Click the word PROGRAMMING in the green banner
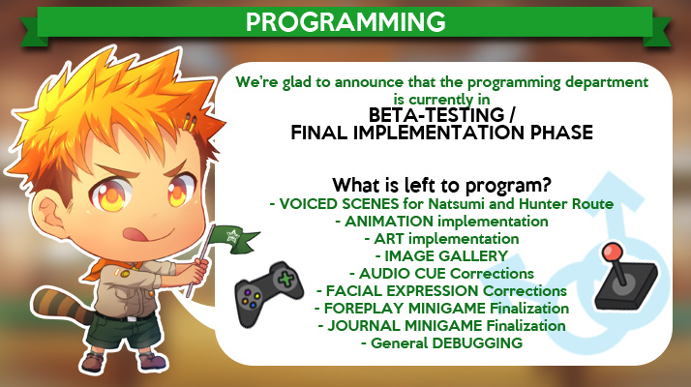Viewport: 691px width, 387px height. point(345,21)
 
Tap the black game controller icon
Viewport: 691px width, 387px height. point(269,293)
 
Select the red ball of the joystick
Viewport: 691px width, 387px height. point(612,253)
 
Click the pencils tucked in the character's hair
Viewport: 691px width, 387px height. point(190,123)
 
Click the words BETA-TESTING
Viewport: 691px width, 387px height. point(436,115)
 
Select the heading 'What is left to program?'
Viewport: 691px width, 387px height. point(441,185)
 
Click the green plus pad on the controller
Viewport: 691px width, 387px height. point(285,280)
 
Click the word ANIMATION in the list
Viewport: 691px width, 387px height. point(389,221)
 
